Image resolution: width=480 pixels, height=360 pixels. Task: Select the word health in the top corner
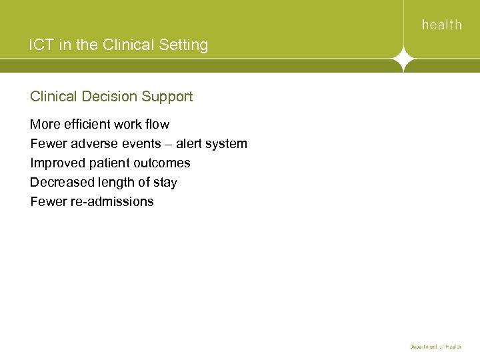point(441,25)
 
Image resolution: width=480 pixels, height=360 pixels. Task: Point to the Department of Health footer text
point(435,347)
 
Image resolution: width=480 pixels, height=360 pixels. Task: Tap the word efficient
point(87,125)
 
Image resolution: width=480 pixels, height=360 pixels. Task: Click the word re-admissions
point(112,202)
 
